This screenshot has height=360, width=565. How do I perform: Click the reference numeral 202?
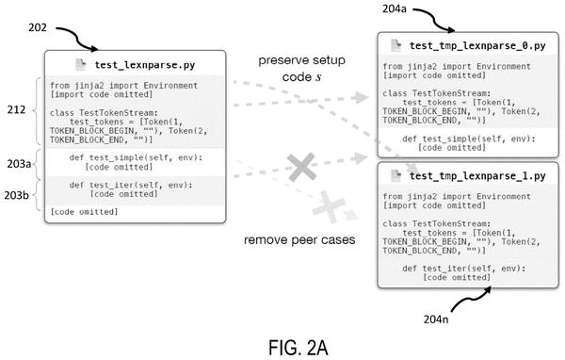(x=38, y=27)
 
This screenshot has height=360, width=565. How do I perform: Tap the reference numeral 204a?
(x=395, y=8)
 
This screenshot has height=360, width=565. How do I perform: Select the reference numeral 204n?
(x=436, y=319)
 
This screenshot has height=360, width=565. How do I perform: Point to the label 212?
(x=16, y=109)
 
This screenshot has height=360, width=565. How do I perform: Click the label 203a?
(x=19, y=164)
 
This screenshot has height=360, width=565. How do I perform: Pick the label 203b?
(x=17, y=195)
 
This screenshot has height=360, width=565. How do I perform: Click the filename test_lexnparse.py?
(x=145, y=65)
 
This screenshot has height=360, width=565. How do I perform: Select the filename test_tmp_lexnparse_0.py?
(x=477, y=46)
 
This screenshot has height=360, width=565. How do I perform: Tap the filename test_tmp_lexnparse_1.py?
(x=477, y=176)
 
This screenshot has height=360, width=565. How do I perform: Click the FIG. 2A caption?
(x=299, y=348)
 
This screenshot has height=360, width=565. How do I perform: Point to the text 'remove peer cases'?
(x=299, y=239)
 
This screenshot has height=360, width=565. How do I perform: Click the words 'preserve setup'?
(x=302, y=60)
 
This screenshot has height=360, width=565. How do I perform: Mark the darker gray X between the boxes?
(x=301, y=167)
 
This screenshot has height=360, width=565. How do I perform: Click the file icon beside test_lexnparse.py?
(x=81, y=65)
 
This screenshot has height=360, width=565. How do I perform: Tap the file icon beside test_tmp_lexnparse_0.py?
(x=396, y=45)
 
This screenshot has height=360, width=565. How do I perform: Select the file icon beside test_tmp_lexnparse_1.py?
(x=396, y=175)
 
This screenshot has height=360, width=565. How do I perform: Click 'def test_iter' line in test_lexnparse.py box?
(x=131, y=185)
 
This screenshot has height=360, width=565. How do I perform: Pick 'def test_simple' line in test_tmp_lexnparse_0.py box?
(x=469, y=139)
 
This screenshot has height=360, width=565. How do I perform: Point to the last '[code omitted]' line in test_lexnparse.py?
(x=84, y=212)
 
